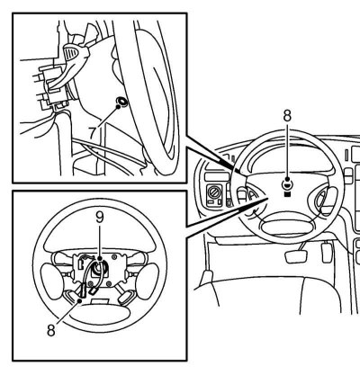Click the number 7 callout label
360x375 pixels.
pyautogui.click(x=94, y=132)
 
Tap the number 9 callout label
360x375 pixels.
pyautogui.click(x=99, y=218)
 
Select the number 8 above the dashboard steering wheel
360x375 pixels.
pyautogui.click(x=287, y=116)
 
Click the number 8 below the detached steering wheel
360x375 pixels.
pyautogui.click(x=51, y=331)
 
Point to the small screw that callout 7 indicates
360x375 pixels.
pyautogui.click(x=122, y=102)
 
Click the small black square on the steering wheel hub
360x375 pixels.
pyautogui.click(x=287, y=194)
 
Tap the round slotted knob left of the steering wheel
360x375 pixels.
pyautogui.click(x=214, y=192)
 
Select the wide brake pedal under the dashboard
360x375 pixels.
pyautogui.click(x=297, y=256)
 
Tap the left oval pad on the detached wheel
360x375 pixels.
pyautogui.click(x=51, y=281)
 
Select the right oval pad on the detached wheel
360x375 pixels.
pyautogui.click(x=148, y=281)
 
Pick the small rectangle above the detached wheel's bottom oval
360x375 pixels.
pyautogui.click(x=100, y=301)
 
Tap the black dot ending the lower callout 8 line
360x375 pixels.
pyautogui.click(x=80, y=300)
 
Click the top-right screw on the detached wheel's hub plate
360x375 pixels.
pyautogui.click(x=114, y=257)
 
